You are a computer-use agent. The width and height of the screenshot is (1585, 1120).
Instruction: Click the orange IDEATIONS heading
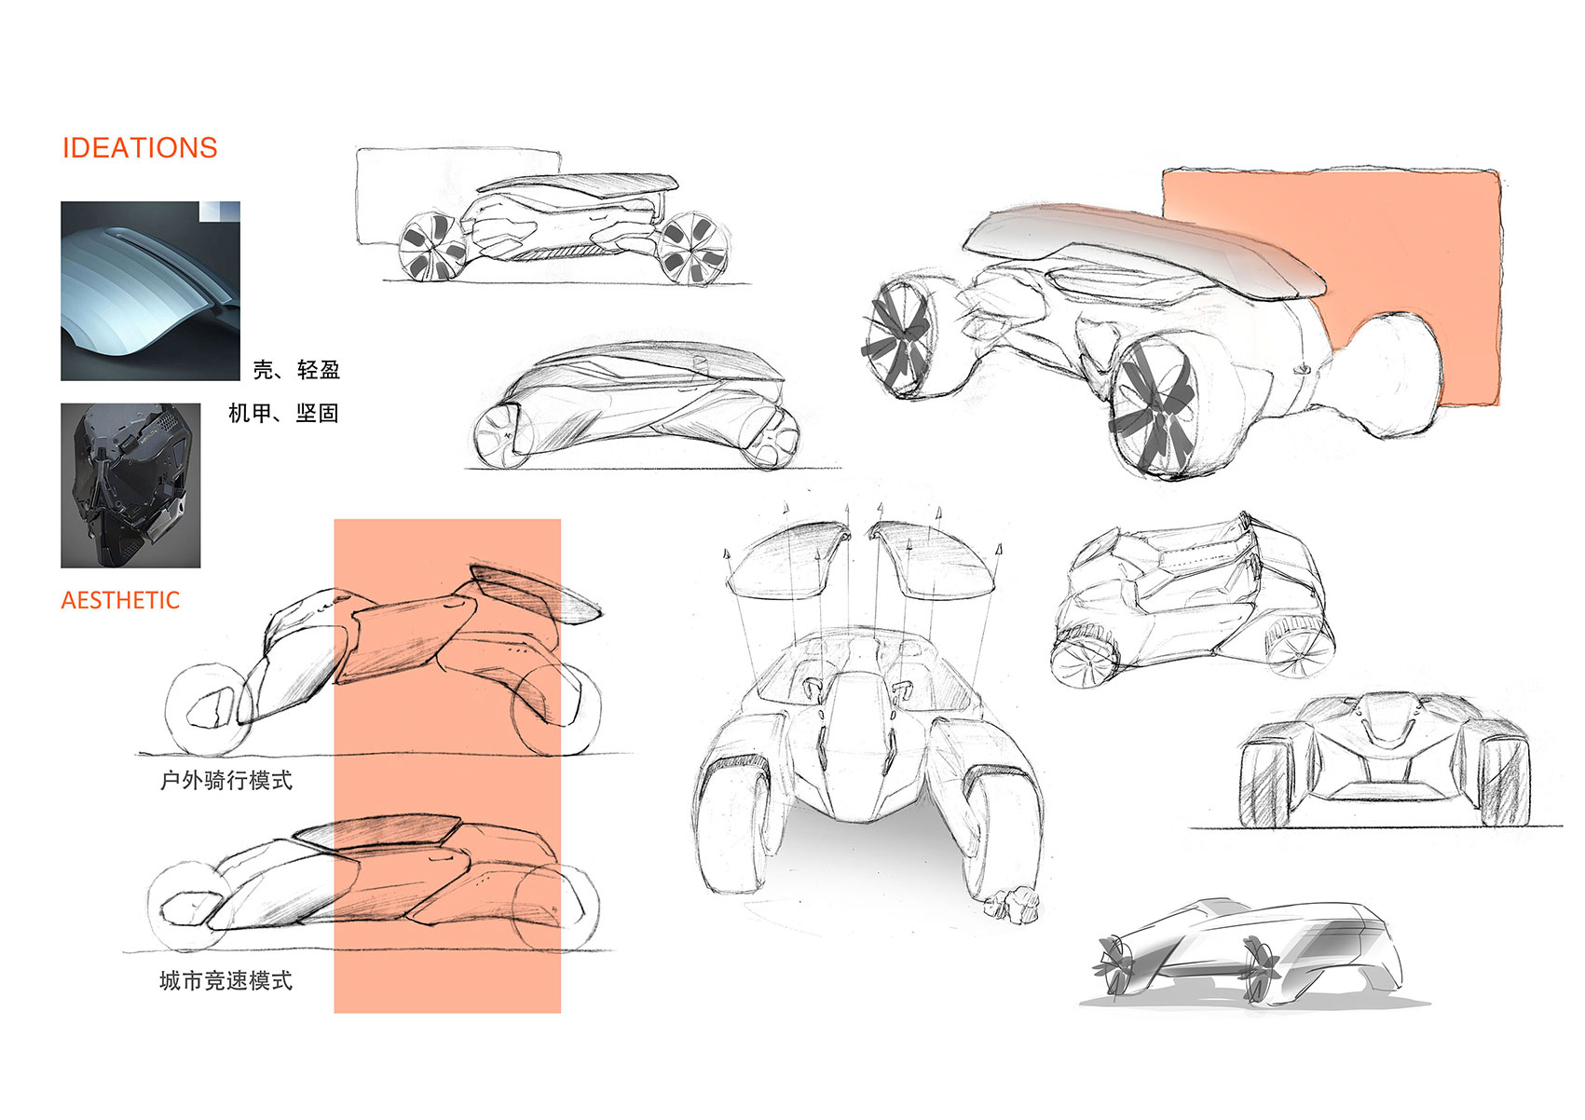139,148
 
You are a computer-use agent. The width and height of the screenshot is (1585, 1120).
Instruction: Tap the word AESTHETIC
120,600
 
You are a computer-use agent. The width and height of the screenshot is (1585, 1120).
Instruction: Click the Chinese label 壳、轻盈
296,370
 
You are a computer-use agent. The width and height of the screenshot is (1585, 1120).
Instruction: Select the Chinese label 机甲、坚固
283,413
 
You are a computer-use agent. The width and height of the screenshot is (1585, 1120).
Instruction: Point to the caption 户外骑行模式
226,780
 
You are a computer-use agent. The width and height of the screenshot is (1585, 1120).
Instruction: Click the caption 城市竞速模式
226,980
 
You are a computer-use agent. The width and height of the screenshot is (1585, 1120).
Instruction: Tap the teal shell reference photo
150,291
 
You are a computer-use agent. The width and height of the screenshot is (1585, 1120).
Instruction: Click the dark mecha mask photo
130,485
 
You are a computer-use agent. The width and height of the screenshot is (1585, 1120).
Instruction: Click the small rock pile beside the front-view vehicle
1013,904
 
